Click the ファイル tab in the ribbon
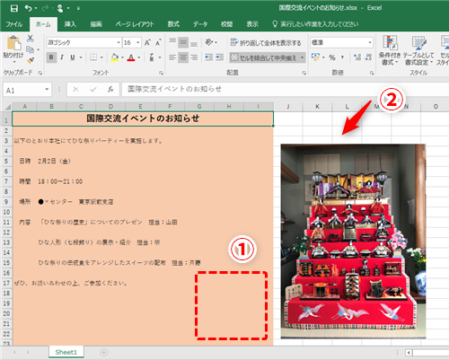coord(14,24)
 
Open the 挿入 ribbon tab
coord(71,24)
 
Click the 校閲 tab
coord(227,24)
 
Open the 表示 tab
coord(253,24)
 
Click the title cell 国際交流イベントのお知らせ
coord(143,119)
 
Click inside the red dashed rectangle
coord(231,305)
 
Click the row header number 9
coord(6,200)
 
